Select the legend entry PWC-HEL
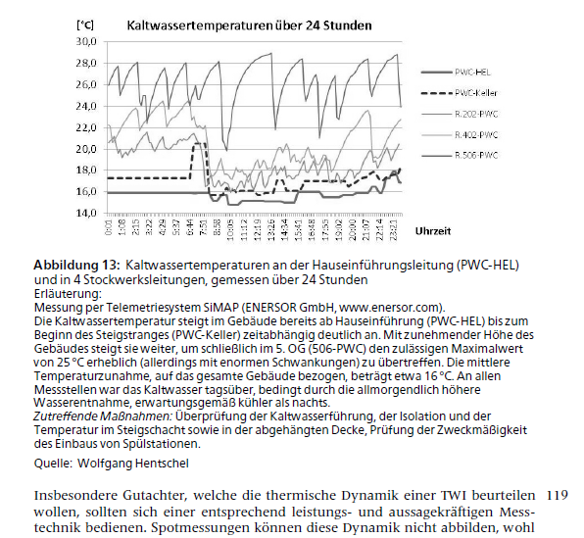point(473,73)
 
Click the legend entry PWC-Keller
point(476,93)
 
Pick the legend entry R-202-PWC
point(477,115)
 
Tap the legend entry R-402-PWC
point(477,135)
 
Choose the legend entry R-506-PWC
point(477,156)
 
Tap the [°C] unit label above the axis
point(85,21)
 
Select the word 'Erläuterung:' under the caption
point(67,293)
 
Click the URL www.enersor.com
point(389,307)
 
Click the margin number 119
point(556,496)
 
